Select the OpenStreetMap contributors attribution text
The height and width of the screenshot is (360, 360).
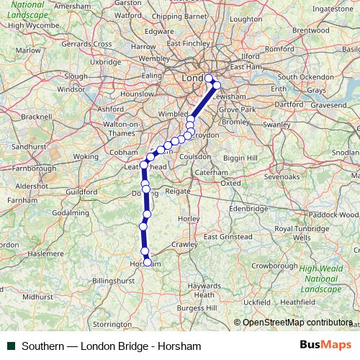297,323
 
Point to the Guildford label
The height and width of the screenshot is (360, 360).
81,192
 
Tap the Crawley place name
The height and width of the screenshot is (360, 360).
184,244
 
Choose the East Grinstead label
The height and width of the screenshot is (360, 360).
228,236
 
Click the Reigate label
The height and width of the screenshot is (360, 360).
178,192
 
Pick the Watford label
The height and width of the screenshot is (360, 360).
128,14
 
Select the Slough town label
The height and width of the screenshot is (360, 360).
76,76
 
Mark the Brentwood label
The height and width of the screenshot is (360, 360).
311,30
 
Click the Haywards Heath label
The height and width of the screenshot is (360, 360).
205,290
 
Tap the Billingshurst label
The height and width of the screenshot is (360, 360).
114,280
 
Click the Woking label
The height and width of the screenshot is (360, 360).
86,156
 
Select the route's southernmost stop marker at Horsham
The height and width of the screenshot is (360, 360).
148,262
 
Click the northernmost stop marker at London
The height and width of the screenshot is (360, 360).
209,78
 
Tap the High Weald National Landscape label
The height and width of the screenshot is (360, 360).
321,279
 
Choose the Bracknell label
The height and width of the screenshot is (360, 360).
37,116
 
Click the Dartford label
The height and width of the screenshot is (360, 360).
289,104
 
